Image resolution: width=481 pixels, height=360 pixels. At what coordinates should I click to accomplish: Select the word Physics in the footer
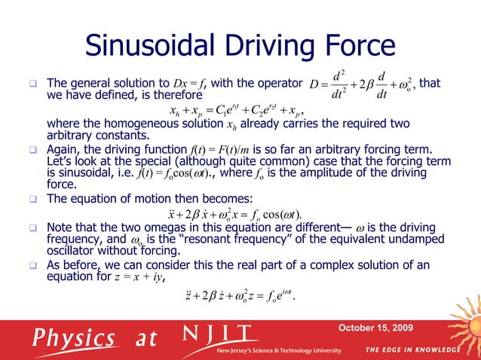coord(79,338)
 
